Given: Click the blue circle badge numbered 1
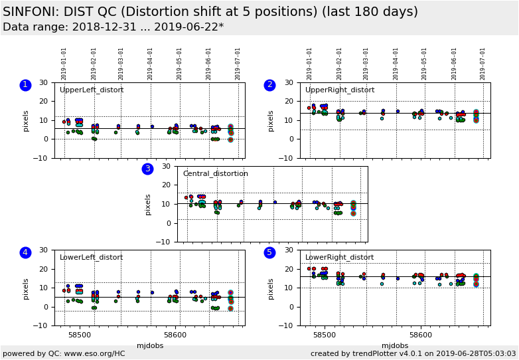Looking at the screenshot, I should [25, 85].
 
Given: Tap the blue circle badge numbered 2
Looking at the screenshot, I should [269, 85].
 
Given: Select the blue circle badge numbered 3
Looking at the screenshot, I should [147, 169].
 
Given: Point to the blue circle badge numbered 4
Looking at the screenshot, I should [25, 252].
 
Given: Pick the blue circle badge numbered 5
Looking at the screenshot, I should [269, 252].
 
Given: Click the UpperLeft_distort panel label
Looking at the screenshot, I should [91, 90].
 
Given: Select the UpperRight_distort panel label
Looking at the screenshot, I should [339, 90].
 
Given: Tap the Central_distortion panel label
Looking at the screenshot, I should [215, 174].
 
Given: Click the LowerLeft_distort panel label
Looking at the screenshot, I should [91, 258].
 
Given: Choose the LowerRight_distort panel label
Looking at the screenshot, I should [339, 258].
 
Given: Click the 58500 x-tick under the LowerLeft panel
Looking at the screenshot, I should [80, 336].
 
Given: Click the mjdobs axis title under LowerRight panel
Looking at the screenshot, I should [395, 346].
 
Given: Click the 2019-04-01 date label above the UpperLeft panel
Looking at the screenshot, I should [151, 63].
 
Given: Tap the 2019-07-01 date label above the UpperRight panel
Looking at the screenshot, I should [483, 63].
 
